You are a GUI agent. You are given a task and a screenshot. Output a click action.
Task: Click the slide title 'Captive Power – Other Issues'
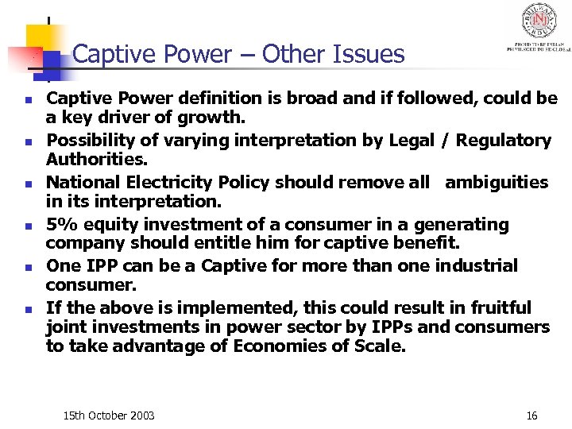pyautogui.click(x=238, y=54)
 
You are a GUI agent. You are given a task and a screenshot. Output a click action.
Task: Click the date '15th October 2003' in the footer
pyautogui.click(x=109, y=415)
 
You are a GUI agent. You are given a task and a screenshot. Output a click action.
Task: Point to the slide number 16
pyautogui.click(x=531, y=415)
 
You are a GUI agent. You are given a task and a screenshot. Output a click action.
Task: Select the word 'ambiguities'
pyautogui.click(x=497, y=183)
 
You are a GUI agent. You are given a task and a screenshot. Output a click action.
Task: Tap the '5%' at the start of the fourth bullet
pyautogui.click(x=60, y=225)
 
